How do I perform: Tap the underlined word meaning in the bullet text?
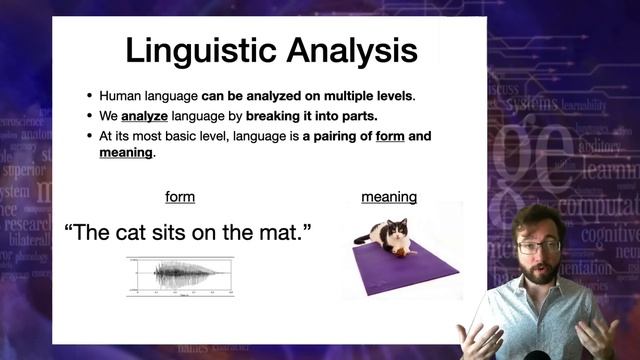(126, 152)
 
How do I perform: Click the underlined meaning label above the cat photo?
(389, 197)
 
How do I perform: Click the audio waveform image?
(180, 275)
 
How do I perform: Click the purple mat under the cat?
(405, 265)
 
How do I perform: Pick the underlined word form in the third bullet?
(389, 134)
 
